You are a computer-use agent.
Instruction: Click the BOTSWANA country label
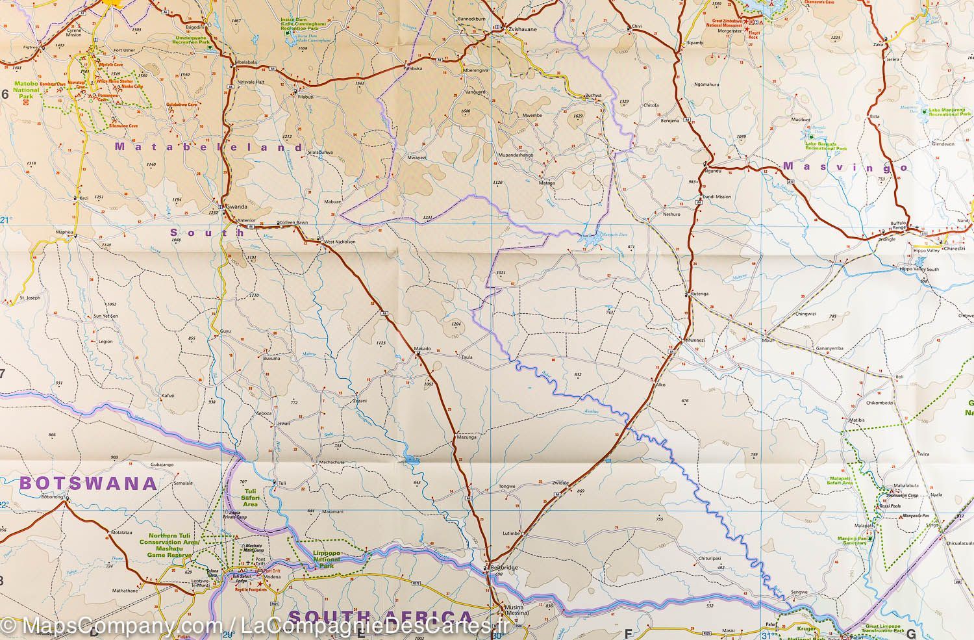tap(88, 483)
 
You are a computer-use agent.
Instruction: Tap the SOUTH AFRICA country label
tap(381, 616)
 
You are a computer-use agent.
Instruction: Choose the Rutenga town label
tap(699, 294)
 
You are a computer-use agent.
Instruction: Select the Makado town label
tap(422, 349)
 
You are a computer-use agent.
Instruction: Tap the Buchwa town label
tap(593, 96)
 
